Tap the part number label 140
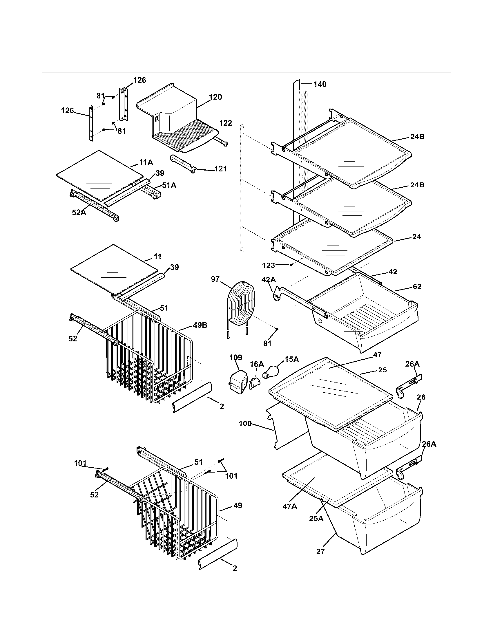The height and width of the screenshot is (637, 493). (x=320, y=84)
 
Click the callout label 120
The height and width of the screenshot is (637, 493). (x=215, y=97)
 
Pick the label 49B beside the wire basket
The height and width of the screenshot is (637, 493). (x=200, y=325)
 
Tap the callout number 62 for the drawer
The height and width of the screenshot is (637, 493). (x=417, y=286)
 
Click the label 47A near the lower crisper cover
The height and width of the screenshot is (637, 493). (x=290, y=506)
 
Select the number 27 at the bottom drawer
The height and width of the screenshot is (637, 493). (x=320, y=551)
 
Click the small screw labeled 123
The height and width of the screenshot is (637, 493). (x=291, y=265)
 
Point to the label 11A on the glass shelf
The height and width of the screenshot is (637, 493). (x=146, y=162)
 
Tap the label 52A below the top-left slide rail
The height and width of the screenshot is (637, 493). (x=79, y=213)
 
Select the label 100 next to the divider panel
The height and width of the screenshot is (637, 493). (x=245, y=424)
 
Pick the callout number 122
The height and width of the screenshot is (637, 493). (x=225, y=123)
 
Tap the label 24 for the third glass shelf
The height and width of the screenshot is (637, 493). (x=416, y=237)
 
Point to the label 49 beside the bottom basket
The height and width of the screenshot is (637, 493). (x=238, y=506)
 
